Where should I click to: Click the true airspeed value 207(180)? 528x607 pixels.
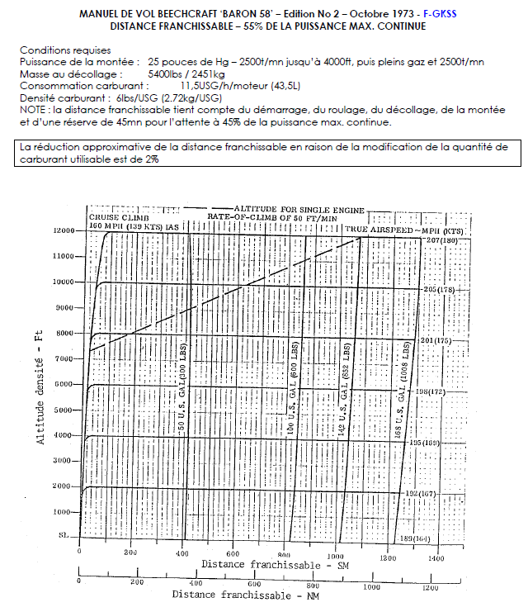[441, 239]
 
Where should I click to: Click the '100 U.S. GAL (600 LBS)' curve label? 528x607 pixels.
[292, 385]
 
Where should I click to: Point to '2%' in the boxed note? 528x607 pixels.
[153, 159]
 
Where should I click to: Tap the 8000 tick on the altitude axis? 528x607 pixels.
[64, 334]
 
